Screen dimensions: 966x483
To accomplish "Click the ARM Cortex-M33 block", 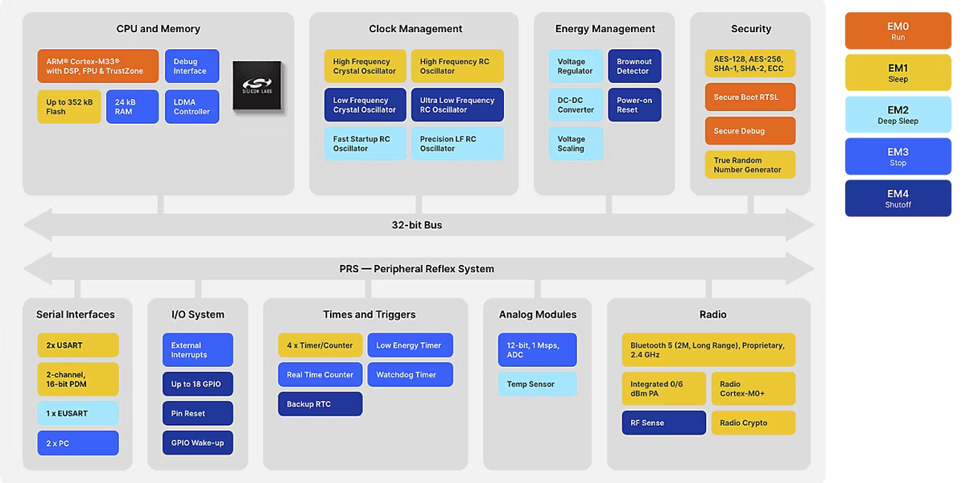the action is [98, 66].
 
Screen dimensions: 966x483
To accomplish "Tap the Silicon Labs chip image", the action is [258, 85].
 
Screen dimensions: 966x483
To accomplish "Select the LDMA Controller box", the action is [192, 107].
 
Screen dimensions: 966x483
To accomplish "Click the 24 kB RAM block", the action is [132, 107].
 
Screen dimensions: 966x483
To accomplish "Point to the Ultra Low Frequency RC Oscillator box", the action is [457, 105].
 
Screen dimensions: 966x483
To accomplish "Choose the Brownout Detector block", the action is [634, 66].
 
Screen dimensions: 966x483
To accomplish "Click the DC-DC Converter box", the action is [576, 105].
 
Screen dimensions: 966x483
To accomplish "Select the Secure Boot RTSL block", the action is [750, 97].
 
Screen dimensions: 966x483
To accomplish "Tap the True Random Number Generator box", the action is [750, 165].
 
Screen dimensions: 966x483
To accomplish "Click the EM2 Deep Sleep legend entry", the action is [898, 114].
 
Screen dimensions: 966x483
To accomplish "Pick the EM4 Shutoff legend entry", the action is [898, 198].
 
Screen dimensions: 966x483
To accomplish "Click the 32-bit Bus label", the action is [417, 225].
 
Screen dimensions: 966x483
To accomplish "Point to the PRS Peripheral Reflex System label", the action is [417, 269].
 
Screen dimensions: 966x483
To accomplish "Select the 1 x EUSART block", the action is [78, 414].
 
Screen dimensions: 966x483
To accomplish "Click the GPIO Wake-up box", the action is [197, 443].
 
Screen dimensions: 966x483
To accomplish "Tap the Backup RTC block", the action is [320, 404].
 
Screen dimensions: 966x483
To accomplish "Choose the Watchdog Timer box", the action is [410, 375].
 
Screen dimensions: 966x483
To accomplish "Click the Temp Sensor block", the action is [538, 384].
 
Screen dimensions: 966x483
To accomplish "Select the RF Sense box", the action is [663, 423].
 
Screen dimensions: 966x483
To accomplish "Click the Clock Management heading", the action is [415, 29].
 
